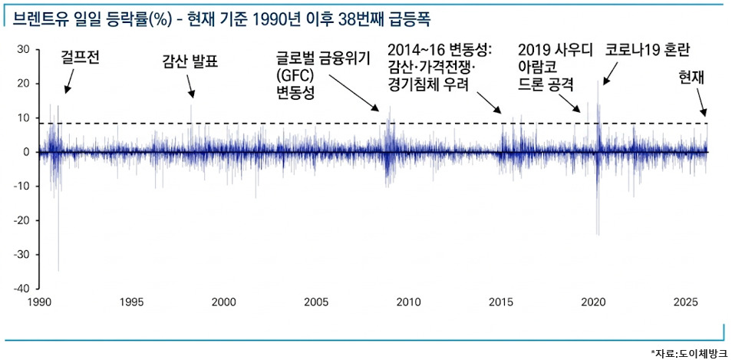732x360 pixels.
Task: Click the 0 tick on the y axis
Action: pyautogui.click(x=26, y=152)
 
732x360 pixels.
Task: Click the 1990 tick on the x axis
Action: pyautogui.click(x=39, y=302)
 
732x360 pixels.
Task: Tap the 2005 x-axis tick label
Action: pyautogui.click(x=316, y=302)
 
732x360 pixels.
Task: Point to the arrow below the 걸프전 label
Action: pyautogui.click(x=69, y=80)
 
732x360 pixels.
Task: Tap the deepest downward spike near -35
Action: pyautogui.click(x=59, y=269)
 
